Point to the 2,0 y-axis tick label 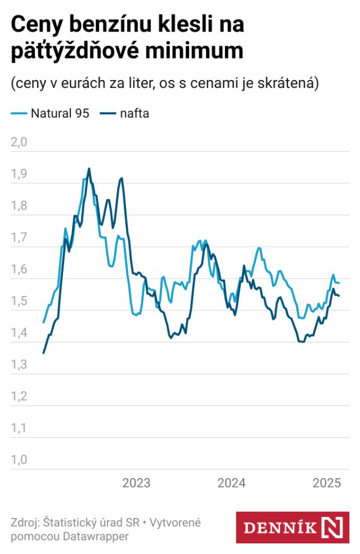coord(19,142)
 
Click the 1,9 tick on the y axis coord(19,174)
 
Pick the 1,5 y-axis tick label coord(19,301)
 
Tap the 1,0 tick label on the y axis coord(19,460)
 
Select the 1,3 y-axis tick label coord(19,365)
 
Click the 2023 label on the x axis coord(136,483)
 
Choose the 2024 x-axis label coord(231,483)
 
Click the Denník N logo coord(292,528)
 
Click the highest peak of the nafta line coord(89,168)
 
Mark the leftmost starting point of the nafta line coord(43,353)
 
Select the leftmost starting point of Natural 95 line coord(43,323)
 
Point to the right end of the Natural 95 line coord(339,283)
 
